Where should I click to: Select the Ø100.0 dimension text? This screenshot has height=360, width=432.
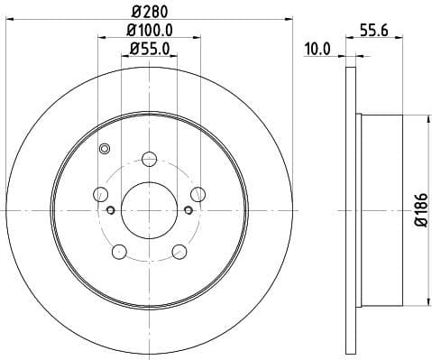(x=150, y=31)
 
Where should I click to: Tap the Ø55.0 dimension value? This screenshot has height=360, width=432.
(x=150, y=51)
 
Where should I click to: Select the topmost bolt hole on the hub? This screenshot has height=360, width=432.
(x=150, y=160)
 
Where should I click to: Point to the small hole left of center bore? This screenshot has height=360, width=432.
(x=111, y=210)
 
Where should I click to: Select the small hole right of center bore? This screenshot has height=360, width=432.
(x=188, y=210)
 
